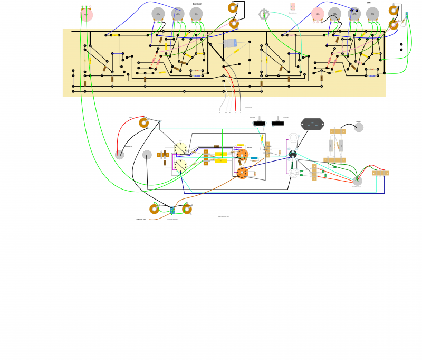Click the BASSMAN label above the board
click(197, 4)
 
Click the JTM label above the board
click(369, 3)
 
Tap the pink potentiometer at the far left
click(86, 15)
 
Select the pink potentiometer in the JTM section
click(317, 14)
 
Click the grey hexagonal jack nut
click(264, 13)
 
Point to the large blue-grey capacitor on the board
click(231, 43)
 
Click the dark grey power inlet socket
click(312, 124)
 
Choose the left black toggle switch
click(259, 124)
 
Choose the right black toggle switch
click(278, 124)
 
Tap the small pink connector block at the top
click(293, 6)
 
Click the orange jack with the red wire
click(143, 123)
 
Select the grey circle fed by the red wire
click(120, 155)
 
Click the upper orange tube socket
click(243, 155)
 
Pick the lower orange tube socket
click(242, 173)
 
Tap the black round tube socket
click(293, 154)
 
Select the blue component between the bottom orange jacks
click(172, 210)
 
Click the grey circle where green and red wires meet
click(358, 181)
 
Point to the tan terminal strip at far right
click(380, 173)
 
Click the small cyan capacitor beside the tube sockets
click(254, 158)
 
